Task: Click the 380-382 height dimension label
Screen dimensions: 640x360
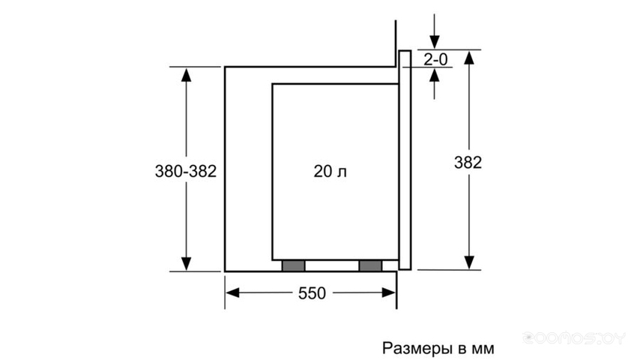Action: coord(186,171)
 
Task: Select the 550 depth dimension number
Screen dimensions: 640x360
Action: coord(312,293)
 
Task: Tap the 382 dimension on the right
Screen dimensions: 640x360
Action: coord(468,163)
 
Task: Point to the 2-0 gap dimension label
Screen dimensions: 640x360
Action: coord(435,60)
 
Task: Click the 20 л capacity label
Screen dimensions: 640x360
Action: coord(330,171)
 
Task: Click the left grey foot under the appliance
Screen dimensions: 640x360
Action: coord(294,265)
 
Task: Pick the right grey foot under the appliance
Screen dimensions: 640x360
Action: coord(370,265)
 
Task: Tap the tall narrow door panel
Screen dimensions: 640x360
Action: coord(405,160)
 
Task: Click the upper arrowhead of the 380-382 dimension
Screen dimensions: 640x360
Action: coord(186,75)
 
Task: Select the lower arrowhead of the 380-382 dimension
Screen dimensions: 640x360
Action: coord(186,263)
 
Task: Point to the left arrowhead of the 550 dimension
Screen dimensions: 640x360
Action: coord(232,292)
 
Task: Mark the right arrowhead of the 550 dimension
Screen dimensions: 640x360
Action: coord(388,292)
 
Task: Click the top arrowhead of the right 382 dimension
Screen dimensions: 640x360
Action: coord(469,58)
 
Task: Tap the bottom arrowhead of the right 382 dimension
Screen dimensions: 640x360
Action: coord(469,262)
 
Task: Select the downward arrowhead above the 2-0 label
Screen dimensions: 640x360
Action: coord(435,42)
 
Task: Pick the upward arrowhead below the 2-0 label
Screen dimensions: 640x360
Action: coord(435,75)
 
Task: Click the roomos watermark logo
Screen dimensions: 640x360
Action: coord(574,338)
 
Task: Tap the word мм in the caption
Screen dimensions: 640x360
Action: coord(483,349)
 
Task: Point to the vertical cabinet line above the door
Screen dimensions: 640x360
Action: coord(396,43)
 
